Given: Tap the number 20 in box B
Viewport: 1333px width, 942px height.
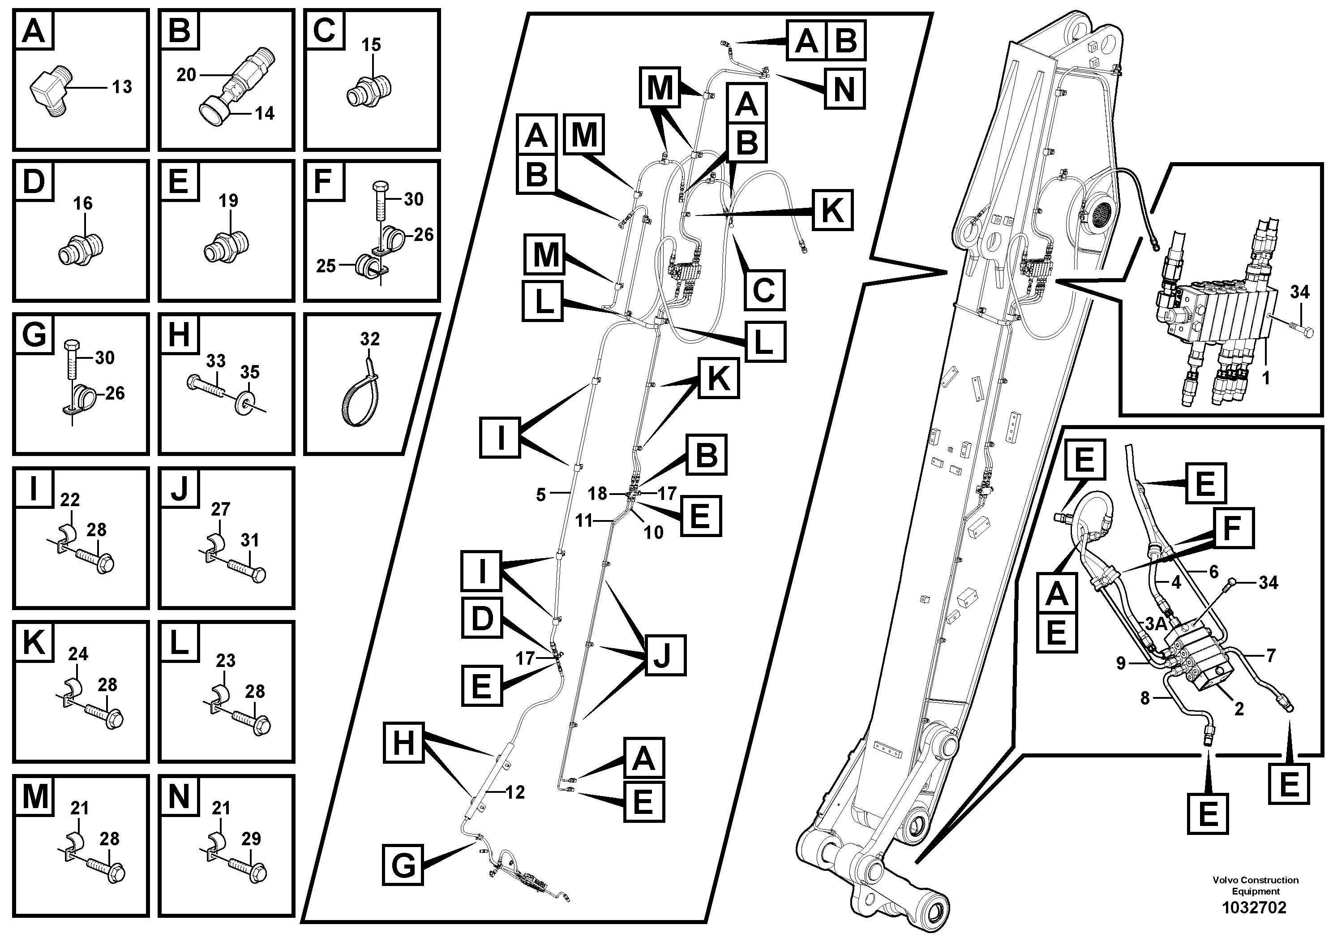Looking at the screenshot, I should [x=186, y=75].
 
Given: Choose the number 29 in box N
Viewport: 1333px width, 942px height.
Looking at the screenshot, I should [x=251, y=839].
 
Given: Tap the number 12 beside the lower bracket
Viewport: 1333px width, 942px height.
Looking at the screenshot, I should [x=515, y=792].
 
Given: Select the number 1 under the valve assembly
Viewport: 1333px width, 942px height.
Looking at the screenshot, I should [x=1266, y=378].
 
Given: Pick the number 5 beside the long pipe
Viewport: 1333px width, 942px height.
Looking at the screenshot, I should [x=540, y=495].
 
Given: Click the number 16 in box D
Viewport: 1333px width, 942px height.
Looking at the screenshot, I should [x=82, y=203].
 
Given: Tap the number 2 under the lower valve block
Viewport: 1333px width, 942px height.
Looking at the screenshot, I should [x=1239, y=709].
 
